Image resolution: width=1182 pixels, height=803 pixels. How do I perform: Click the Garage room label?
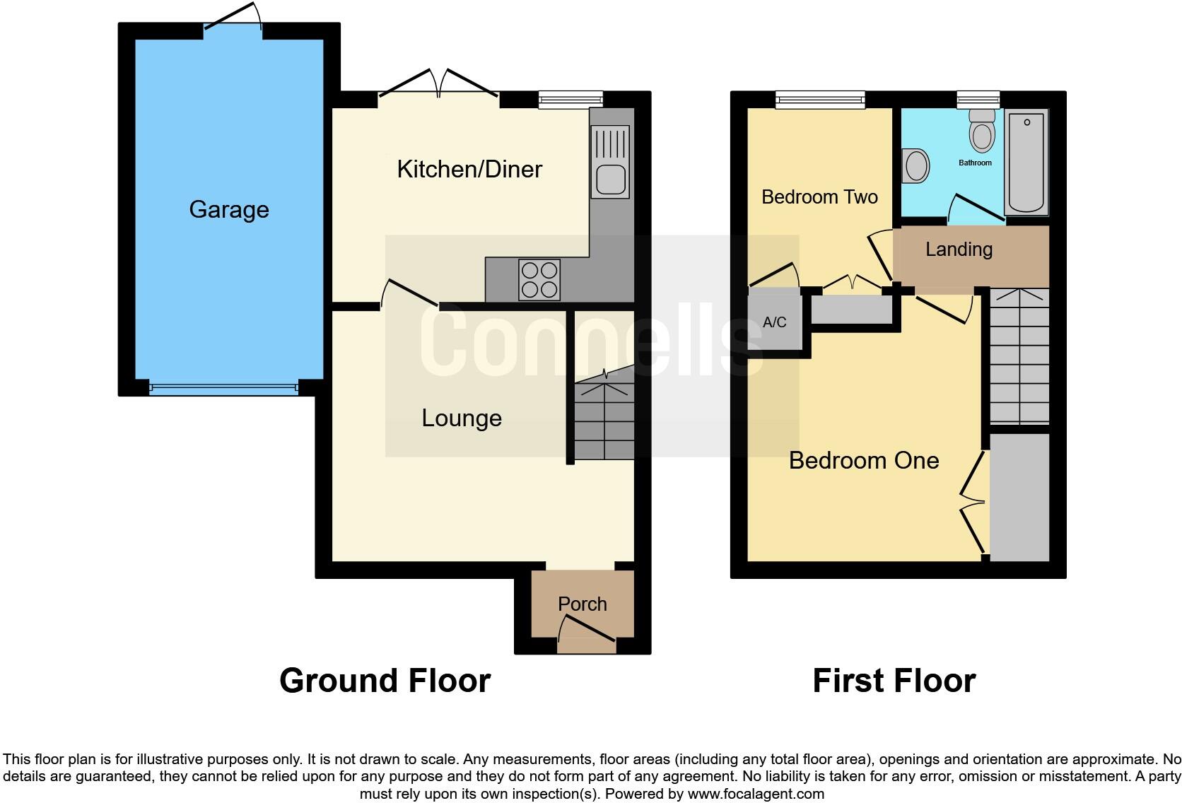(229, 210)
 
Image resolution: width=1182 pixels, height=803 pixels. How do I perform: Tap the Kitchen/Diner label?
(469, 170)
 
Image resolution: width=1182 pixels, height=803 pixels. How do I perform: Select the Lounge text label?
(462, 418)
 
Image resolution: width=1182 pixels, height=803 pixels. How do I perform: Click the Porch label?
(582, 604)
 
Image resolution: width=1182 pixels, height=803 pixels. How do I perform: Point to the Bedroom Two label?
(819, 197)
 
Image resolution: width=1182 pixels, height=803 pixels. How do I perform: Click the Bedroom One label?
(864, 461)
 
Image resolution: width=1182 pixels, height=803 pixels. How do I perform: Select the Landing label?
(959, 250)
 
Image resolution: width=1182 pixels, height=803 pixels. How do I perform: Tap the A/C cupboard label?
(774, 323)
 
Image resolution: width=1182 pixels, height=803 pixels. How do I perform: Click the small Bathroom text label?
(975, 163)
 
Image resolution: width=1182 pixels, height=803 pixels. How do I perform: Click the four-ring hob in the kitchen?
(539, 280)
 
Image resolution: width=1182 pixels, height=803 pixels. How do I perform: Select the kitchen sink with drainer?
(610, 161)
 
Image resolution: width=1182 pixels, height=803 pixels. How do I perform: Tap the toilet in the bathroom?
(982, 130)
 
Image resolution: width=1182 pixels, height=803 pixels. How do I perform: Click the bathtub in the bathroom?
(1026, 163)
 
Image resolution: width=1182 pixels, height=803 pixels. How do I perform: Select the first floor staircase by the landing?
(1019, 356)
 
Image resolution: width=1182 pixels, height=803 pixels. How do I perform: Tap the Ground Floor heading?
(385, 681)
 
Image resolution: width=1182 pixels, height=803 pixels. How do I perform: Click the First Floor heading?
(894, 681)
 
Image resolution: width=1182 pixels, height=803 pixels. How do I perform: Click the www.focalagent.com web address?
(756, 794)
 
